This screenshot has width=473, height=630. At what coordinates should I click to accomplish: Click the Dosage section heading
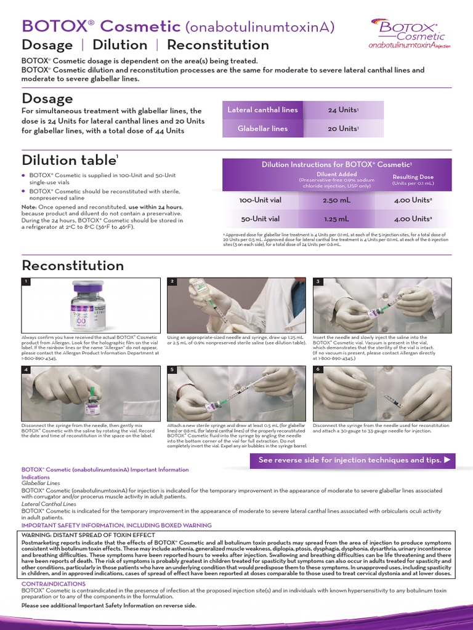pyautogui.click(x=47, y=98)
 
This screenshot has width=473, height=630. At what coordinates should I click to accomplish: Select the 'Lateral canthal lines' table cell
pyautogui.click(x=262, y=110)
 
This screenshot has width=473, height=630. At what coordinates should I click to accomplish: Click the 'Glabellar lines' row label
pyautogui.click(x=262, y=129)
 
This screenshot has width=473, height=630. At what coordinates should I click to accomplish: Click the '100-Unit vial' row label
pyautogui.click(x=259, y=201)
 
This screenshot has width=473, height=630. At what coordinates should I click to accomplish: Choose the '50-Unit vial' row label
pyautogui.click(x=259, y=218)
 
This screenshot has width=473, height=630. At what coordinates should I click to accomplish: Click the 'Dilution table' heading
pyautogui.click(x=70, y=160)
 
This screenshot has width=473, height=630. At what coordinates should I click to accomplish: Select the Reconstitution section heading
pyautogui.click(x=73, y=266)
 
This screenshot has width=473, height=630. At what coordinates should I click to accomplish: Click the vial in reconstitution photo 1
pyautogui.click(x=91, y=306)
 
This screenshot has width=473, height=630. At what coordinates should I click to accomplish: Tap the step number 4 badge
pyautogui.click(x=26, y=370)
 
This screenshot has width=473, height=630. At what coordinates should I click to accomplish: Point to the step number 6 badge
pyautogui.click(x=318, y=369)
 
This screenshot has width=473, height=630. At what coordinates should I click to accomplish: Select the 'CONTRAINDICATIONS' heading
pyautogui.click(x=54, y=583)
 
